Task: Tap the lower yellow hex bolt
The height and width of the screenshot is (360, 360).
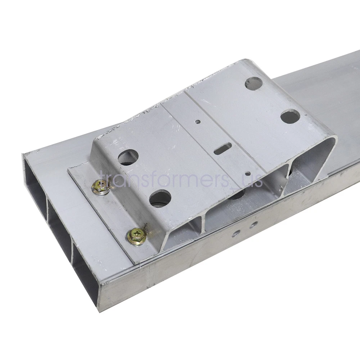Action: coord(137,235)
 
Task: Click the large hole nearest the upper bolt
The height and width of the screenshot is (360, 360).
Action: coord(128,158)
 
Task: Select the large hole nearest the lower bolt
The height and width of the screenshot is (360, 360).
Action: coord(160,198)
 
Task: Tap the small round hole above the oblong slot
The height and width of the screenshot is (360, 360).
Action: coord(197,121)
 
